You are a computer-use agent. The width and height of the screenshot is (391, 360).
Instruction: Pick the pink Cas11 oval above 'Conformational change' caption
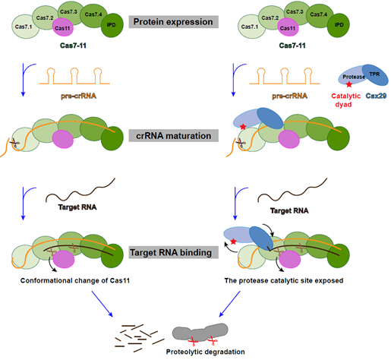[x=63, y=259]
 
